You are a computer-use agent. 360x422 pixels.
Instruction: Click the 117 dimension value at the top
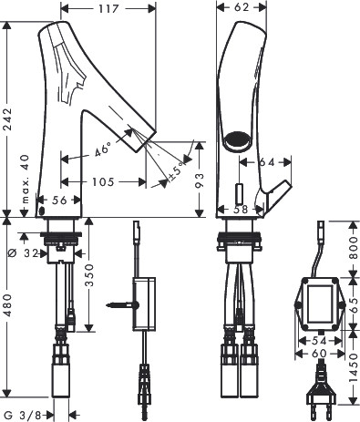108,9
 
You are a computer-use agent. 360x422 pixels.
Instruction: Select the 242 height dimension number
6,119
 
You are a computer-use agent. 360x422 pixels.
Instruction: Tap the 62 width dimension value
242,7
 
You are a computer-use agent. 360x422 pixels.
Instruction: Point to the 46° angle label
102,149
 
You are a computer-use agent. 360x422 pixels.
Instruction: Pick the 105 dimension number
103,182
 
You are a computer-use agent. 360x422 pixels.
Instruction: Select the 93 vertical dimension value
200,180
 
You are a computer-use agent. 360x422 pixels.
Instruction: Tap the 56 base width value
59,201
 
